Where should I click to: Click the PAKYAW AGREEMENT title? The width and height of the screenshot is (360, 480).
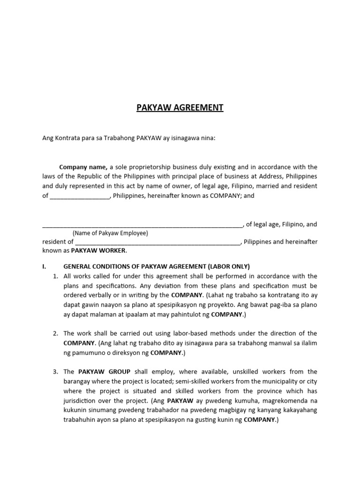pos(180,108)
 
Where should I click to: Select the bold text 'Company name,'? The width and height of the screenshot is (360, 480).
pos(83,167)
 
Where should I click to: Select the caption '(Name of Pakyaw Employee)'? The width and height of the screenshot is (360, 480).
pos(110,233)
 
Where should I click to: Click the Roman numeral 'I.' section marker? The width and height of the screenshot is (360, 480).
pos(44,266)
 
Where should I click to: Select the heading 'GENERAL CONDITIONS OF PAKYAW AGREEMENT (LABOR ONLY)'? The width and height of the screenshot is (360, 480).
pos(157,266)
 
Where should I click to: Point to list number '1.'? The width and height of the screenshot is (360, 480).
pos(55,276)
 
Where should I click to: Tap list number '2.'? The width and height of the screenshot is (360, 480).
pos(55,333)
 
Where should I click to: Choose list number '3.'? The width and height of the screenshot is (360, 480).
pos(55,372)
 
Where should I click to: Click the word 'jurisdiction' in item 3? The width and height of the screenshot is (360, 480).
pos(81,401)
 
